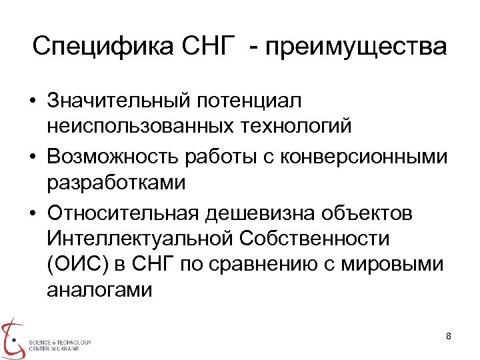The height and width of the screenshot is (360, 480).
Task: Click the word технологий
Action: (x=293, y=125)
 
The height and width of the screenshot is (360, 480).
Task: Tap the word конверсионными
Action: (x=363, y=157)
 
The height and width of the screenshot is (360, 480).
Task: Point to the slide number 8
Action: (x=449, y=335)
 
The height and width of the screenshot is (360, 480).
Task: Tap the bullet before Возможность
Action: (x=32, y=157)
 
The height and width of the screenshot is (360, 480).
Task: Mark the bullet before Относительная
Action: (x=32, y=213)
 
